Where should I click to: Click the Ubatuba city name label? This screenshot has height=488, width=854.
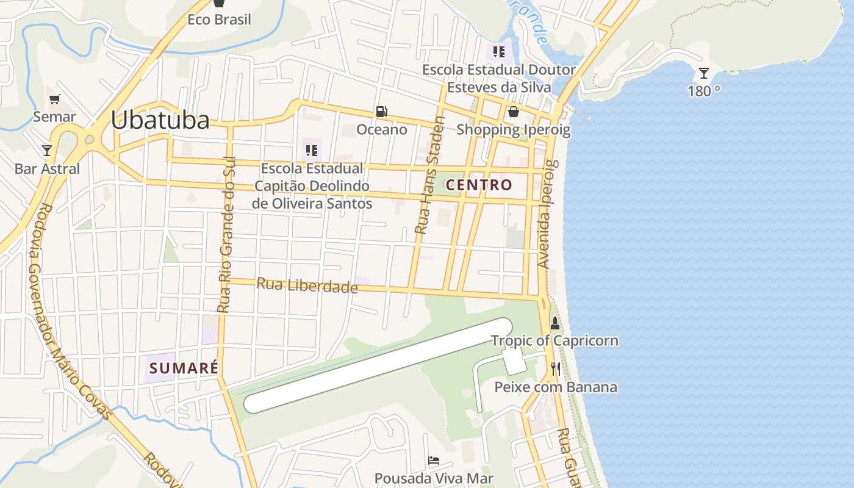160,120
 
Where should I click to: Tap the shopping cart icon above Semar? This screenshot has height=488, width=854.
55,99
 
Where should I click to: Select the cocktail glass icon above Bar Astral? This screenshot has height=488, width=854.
47,150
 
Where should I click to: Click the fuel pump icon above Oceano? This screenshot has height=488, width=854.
381,112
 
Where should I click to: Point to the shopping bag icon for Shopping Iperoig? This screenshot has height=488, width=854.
514,112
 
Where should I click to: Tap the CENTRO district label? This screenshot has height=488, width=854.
479,185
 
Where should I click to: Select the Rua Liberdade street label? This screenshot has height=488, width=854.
307,285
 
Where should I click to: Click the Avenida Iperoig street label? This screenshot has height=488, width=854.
545,213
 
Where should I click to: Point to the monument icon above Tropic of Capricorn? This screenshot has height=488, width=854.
554,323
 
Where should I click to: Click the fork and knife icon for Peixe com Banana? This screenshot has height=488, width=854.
555,369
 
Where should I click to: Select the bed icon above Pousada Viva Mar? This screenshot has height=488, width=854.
434,461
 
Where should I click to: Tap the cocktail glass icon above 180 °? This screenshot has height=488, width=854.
704,73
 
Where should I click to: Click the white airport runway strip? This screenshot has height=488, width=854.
378,365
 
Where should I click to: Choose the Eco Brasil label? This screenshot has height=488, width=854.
219,20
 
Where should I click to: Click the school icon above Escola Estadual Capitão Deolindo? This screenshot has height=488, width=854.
312,150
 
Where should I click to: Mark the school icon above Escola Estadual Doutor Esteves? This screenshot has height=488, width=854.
499,52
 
